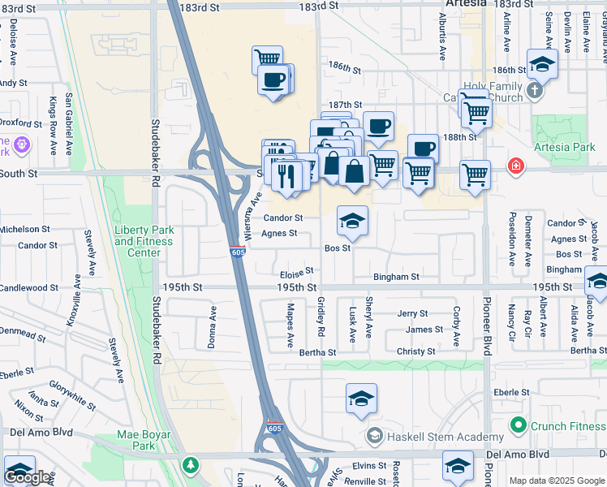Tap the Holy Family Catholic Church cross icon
pos(534,90)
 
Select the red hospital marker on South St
pos(515,166)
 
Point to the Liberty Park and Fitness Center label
pos(144,241)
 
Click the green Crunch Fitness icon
pos(517,425)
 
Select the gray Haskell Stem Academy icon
pos(373,437)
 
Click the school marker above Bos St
pos(353,221)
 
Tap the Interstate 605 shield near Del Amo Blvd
pos(276,426)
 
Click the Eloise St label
pos(296,274)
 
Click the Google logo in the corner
pos(27,477)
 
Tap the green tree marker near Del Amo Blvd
pos(191,466)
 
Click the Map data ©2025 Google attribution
pos(557,481)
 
